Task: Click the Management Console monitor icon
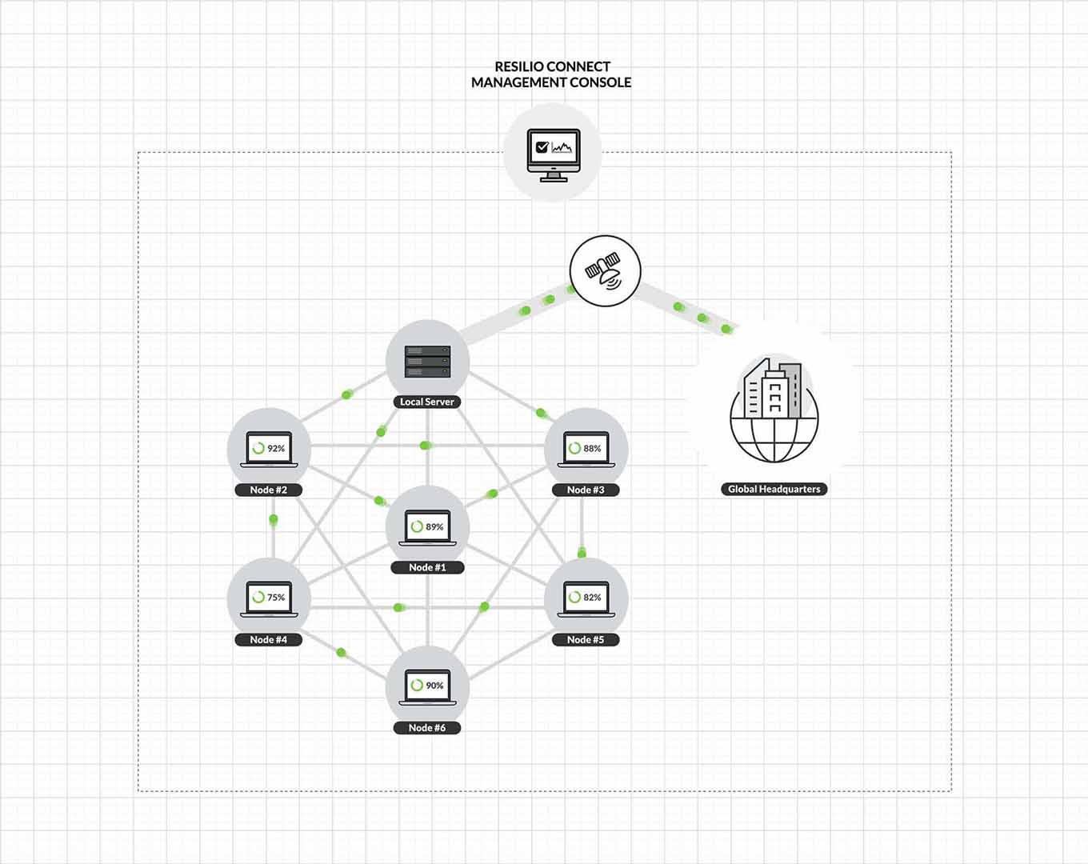tap(553, 154)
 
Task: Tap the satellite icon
tap(605, 270)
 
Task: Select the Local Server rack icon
tap(427, 362)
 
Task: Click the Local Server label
tap(427, 402)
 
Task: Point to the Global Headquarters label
tap(774, 489)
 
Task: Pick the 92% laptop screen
tap(269, 449)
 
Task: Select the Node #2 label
tap(269, 490)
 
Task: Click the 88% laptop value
tap(591, 449)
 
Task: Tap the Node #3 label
tap(586, 490)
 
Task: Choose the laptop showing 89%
tap(427, 526)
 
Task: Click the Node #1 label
tap(427, 567)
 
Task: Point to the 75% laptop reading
tap(275, 598)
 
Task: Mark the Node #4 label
tap(269, 639)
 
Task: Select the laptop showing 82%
tap(586, 598)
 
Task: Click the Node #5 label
tap(586, 639)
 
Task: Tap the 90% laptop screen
tap(427, 686)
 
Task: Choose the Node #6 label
tap(427, 728)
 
